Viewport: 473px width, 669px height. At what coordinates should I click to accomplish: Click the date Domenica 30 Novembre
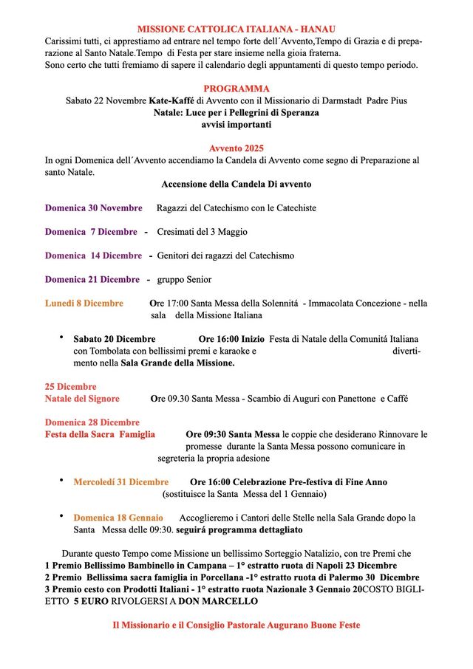point(93,207)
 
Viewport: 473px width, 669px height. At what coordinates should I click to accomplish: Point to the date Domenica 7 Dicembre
point(91,232)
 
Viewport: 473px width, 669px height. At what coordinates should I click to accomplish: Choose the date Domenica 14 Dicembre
point(93,255)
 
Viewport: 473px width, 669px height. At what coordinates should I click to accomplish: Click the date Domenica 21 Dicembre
point(92,279)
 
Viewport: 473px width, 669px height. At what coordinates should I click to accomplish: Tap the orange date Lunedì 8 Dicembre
point(84,303)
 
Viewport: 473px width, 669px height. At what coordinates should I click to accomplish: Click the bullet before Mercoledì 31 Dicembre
point(61,481)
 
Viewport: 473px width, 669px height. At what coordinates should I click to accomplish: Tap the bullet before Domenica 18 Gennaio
point(61,517)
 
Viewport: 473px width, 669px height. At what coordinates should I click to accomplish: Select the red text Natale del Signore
point(82,398)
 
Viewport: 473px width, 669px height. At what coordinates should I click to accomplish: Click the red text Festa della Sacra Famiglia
point(100,434)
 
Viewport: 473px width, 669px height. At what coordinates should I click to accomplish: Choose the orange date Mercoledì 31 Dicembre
point(120,481)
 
